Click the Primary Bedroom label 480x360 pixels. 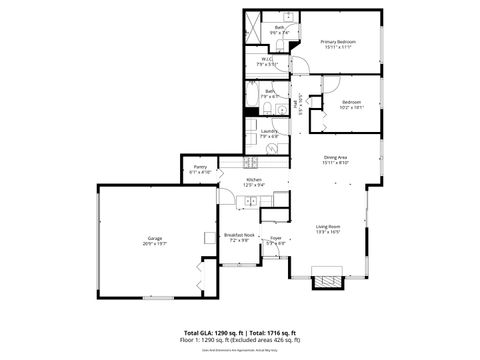point(338,41)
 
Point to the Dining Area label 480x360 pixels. point(335,157)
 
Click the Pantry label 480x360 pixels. point(200,168)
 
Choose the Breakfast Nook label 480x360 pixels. point(239,235)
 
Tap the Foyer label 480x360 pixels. point(275,238)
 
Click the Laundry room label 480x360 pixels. point(268,131)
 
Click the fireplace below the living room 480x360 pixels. point(325,279)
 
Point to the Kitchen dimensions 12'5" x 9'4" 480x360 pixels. point(254,184)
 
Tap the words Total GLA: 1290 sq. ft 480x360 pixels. point(210,331)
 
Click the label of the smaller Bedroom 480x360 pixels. point(350,102)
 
